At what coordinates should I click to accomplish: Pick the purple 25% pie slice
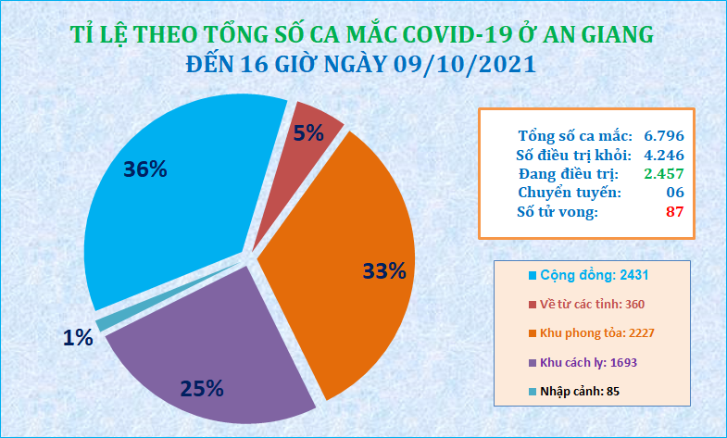[x=208, y=352]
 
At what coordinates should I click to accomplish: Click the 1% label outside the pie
[x=78, y=338]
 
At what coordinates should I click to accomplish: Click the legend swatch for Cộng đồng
[x=533, y=276]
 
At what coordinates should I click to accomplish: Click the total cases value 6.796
[x=664, y=136]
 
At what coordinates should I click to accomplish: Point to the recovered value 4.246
[x=664, y=155]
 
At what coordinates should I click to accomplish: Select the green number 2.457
[x=664, y=174]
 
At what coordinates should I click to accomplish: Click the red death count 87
[x=674, y=212]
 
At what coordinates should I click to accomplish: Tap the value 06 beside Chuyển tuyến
[x=674, y=193]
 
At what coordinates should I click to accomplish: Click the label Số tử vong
[x=558, y=212]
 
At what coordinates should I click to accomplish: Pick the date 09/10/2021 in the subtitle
[x=465, y=64]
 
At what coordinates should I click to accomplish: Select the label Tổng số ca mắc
[x=575, y=136]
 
